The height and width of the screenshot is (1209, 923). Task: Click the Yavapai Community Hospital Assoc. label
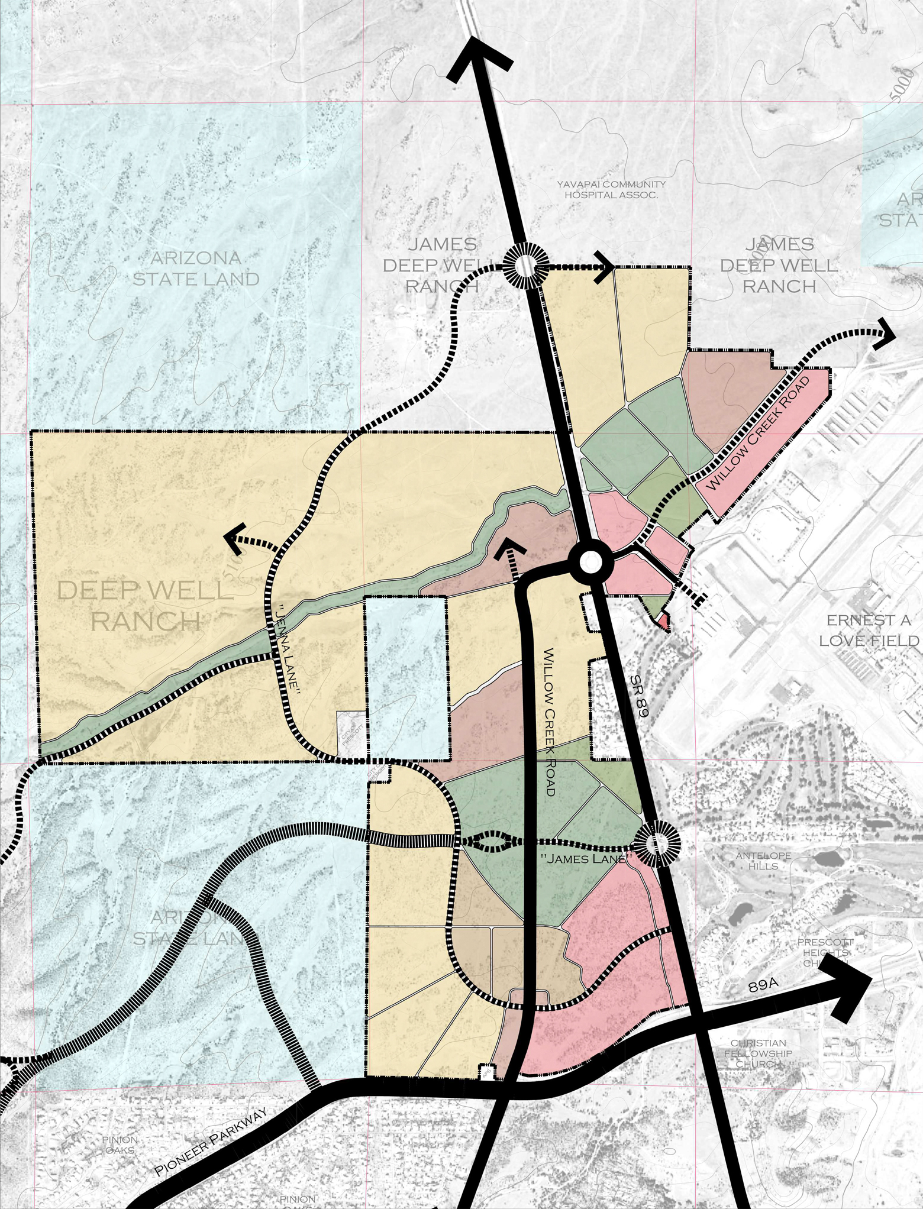[611, 189]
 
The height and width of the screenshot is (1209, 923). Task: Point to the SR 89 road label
[639, 698]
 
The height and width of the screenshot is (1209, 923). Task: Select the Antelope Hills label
[763, 861]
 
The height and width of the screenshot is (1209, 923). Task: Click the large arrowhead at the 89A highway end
[852, 975]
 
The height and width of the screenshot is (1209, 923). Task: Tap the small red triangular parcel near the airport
[664, 620]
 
